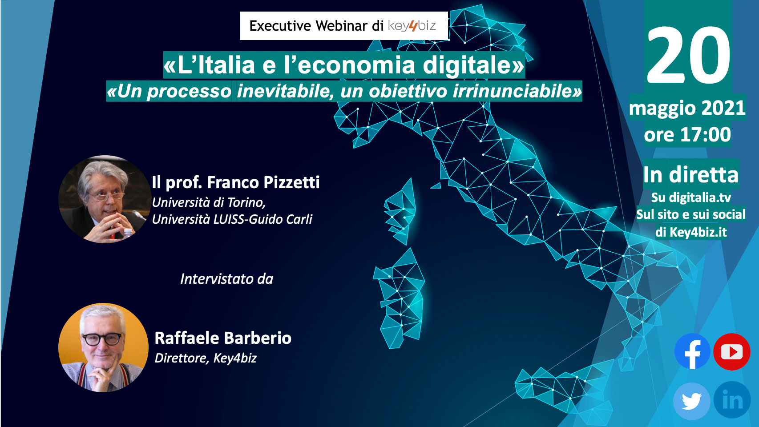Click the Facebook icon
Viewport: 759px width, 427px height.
coord(692,351)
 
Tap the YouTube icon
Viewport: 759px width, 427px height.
coord(731,352)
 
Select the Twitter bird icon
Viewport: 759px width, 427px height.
coord(691,401)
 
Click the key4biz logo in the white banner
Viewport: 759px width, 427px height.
coord(412,26)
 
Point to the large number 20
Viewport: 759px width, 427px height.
coord(688,55)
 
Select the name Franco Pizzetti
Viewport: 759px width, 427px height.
coord(263,182)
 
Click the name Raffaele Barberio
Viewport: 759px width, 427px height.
coord(223,338)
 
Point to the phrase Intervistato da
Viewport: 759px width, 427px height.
coord(226,279)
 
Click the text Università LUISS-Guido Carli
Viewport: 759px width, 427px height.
coord(232,219)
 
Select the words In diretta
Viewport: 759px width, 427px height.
coord(690,175)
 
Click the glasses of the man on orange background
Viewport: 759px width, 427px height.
coord(102,338)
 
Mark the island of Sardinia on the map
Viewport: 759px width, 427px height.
coord(400,298)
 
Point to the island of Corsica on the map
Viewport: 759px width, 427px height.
coord(400,212)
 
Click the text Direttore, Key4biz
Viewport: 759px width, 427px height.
coord(206,358)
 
